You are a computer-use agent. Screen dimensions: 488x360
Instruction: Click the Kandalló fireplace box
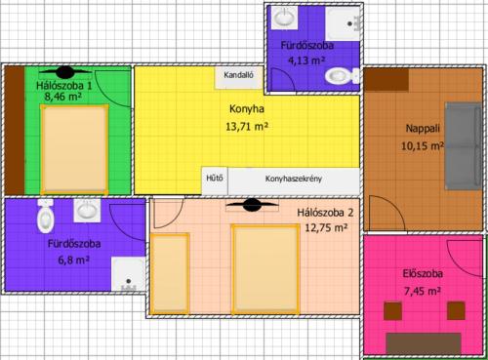[x=238, y=78]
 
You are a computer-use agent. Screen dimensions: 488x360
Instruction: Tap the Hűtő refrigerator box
[x=215, y=180]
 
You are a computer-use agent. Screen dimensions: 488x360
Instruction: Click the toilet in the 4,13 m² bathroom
[x=342, y=76]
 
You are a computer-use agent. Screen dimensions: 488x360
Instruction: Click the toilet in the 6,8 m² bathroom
[x=46, y=216]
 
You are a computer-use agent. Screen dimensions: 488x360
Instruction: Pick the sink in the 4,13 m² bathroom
[x=284, y=18]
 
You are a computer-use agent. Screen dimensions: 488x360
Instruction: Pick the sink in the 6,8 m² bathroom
[x=87, y=211]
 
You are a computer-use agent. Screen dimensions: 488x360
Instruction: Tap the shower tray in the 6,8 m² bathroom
[x=128, y=274]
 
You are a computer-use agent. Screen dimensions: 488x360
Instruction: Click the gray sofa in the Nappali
[x=463, y=145]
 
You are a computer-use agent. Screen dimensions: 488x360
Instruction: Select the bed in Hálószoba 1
[x=74, y=149]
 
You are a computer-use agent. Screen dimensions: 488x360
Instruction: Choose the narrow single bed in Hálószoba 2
[x=170, y=273]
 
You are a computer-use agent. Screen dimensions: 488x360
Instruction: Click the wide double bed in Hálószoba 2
[x=265, y=269]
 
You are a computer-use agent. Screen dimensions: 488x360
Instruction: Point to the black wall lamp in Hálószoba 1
[x=65, y=72]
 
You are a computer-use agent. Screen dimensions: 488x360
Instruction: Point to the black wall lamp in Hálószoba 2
[x=252, y=205]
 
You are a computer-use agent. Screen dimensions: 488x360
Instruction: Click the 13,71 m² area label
[x=247, y=126]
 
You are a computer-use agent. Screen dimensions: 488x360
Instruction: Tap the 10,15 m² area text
[x=422, y=146]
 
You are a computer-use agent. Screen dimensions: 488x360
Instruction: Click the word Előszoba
[x=423, y=274]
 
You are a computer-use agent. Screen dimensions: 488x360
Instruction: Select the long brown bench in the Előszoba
[x=424, y=343]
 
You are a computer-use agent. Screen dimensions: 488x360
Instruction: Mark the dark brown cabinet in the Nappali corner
[x=386, y=80]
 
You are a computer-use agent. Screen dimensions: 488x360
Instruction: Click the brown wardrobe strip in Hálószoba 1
[x=15, y=131]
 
